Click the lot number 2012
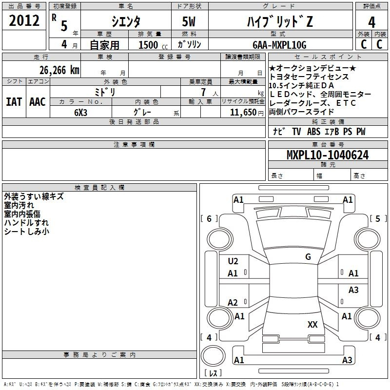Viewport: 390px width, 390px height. (24, 21)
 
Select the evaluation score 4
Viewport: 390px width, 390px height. (372, 22)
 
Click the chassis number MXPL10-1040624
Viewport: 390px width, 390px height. (327, 155)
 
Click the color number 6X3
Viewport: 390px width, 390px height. (81, 112)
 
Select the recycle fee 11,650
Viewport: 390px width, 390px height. (240, 112)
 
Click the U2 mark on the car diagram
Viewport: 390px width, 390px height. (233, 261)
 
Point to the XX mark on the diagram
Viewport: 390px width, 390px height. (312, 324)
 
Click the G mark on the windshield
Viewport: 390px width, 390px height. (308, 257)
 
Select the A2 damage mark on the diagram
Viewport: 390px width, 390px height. (233, 303)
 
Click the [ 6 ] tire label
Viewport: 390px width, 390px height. (210, 218)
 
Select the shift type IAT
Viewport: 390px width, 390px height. (13, 102)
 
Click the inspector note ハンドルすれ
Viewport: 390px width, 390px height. (26, 223)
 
